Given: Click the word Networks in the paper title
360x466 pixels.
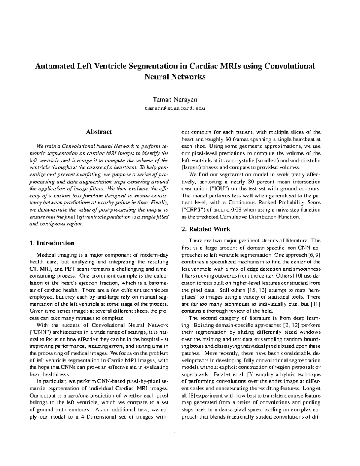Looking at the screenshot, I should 189,77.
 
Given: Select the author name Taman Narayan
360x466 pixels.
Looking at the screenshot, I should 175,99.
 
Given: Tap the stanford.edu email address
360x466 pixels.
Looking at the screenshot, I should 175,108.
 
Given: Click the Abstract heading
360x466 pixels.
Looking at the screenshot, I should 99,132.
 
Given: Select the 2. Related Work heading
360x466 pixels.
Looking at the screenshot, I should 206,229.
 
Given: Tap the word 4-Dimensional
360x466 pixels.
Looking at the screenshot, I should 100,417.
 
